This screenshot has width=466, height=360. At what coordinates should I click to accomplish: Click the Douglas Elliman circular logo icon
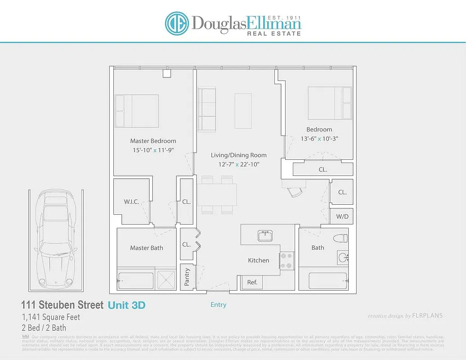pyautogui.click(x=176, y=23)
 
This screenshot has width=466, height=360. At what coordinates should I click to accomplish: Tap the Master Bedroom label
pyautogui.click(x=153, y=141)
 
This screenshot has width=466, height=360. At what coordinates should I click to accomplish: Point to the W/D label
pyautogui.click(x=342, y=217)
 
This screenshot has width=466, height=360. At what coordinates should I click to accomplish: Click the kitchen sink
pyautogui.click(x=264, y=235)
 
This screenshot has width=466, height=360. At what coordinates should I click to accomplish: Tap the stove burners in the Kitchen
pyautogui.click(x=286, y=260)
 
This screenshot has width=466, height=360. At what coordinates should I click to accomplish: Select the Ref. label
pyautogui.click(x=252, y=283)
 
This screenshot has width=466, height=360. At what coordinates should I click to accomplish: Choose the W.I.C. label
pyautogui.click(x=131, y=202)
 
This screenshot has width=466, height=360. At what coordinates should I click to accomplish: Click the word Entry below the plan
pyautogui.click(x=219, y=305)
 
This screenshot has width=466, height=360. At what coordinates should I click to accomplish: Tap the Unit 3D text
pyautogui.click(x=126, y=305)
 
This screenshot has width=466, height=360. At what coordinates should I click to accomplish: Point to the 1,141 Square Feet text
pyautogui.click(x=51, y=317)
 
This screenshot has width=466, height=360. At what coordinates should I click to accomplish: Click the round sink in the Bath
pyautogui.click(x=343, y=258)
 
